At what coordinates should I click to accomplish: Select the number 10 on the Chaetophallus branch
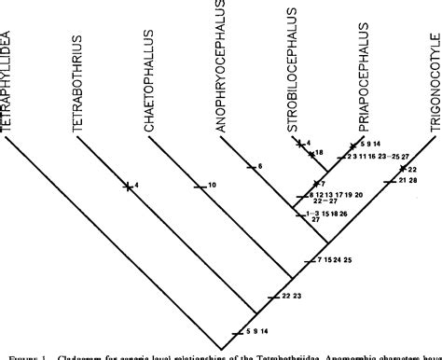[213, 186]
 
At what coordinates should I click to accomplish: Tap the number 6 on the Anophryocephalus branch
[260, 166]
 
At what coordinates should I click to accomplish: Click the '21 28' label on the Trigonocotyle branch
[407, 180]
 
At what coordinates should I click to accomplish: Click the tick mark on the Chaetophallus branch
[199, 186]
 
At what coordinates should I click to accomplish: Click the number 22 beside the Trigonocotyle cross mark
[411, 169]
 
